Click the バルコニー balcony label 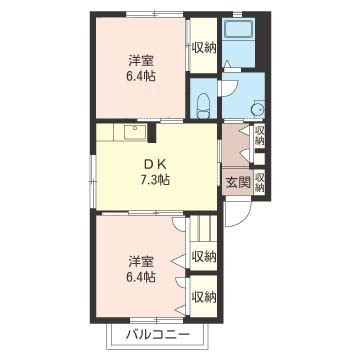tap(158, 334)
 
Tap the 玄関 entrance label tap(238, 182)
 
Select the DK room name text tap(155, 165)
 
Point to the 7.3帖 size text tap(155, 180)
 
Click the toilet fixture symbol tap(203, 105)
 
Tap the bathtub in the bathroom tap(239, 29)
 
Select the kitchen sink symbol tap(135, 132)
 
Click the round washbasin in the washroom tap(257, 109)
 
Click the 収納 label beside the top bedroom tap(203, 47)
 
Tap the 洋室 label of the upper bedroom tap(142, 61)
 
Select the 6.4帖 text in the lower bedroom tap(142, 277)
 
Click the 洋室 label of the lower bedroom tap(142, 262)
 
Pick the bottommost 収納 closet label tap(203, 296)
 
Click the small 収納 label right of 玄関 tap(259, 182)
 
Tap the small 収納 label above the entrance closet tap(259, 135)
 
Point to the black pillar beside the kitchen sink tap(152, 133)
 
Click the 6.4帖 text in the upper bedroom tap(142, 77)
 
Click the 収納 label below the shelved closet tap(203, 256)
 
